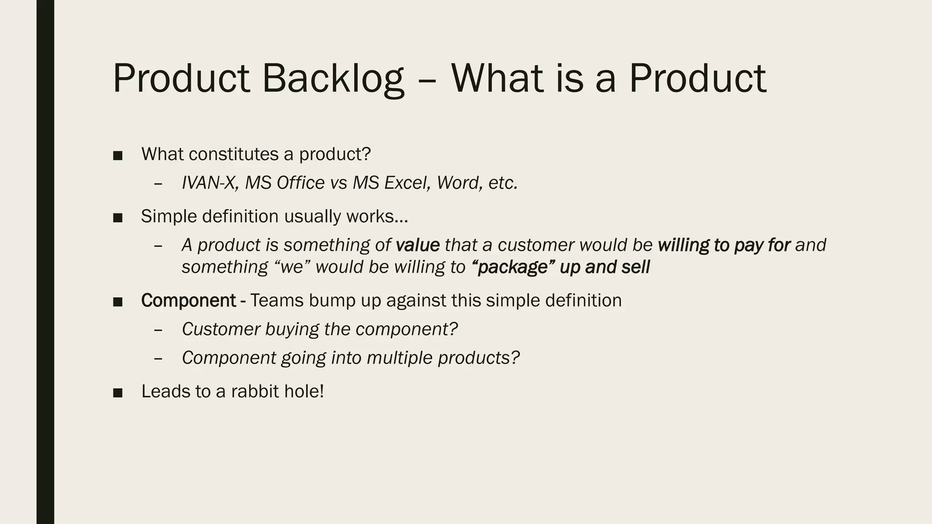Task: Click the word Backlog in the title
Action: pyautogui.click(x=333, y=78)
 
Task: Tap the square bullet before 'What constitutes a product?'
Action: pyautogui.click(x=118, y=156)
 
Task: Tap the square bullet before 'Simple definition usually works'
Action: pyautogui.click(x=118, y=217)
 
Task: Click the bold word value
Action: pyautogui.click(x=417, y=245)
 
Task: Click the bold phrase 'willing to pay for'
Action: pyautogui.click(x=724, y=245)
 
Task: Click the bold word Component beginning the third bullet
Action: pyautogui.click(x=188, y=301)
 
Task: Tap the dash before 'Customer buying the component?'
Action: pyautogui.click(x=158, y=330)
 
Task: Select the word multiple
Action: pyautogui.click(x=400, y=358)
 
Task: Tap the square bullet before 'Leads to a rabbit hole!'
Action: pyautogui.click(x=118, y=393)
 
